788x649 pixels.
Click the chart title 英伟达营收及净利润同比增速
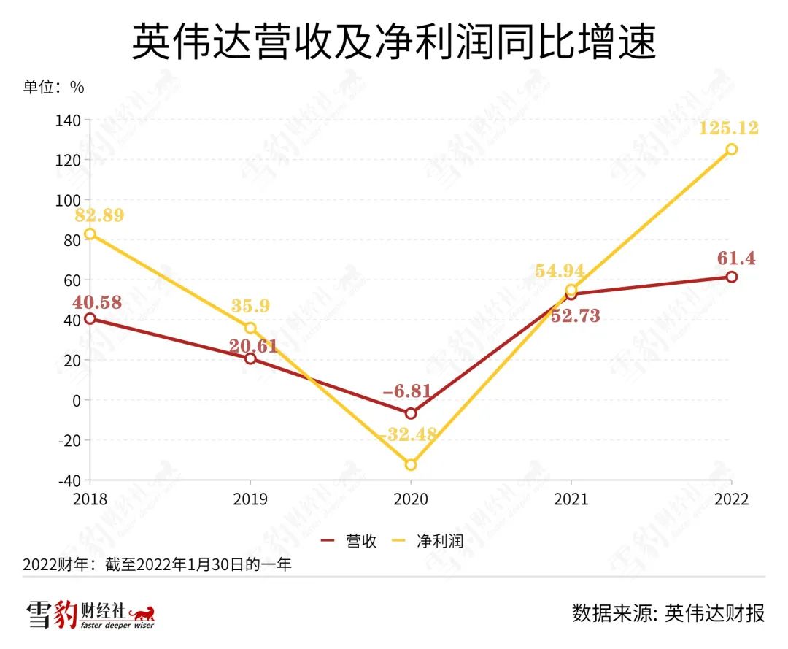(394, 42)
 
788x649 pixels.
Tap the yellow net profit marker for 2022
(731, 149)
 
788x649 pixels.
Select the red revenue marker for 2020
(410, 413)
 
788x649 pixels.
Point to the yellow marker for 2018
(90, 234)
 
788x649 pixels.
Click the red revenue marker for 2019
(250, 358)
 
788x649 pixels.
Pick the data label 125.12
(728, 128)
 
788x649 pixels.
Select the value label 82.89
(98, 215)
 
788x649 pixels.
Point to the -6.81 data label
(406, 391)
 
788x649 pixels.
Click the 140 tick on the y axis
(69, 120)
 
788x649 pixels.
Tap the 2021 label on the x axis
(570, 499)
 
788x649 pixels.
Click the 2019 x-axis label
(250, 499)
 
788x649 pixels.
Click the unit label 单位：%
(53, 87)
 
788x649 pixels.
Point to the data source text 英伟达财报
(715, 612)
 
